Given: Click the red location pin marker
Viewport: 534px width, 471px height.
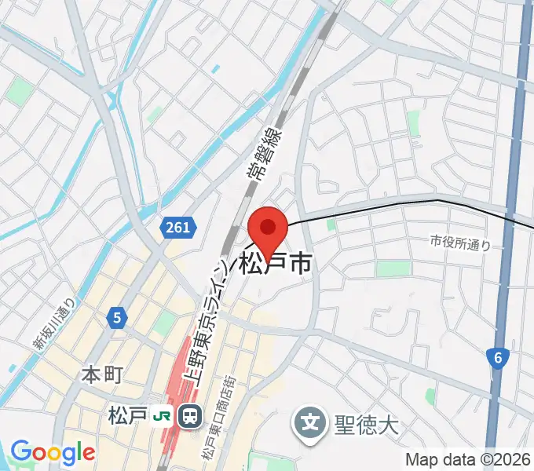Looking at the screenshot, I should tap(268, 229).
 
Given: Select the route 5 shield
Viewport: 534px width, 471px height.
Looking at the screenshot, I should tap(116, 318).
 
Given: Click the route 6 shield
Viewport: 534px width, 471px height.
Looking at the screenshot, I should tap(498, 358).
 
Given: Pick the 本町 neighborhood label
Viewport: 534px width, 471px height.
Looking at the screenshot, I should tap(101, 375).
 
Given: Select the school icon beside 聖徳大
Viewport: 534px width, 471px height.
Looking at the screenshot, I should tap(311, 425).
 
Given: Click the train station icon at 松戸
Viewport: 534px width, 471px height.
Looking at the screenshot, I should tap(189, 415).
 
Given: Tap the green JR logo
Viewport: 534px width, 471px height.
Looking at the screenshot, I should tap(163, 415).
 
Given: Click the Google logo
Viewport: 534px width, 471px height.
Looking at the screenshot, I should tap(53, 452).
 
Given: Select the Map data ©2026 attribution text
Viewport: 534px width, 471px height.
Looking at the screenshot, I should tap(467, 460).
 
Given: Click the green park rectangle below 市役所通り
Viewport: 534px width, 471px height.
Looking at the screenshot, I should tap(393, 268).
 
